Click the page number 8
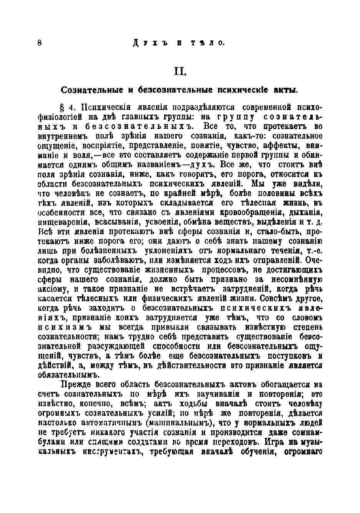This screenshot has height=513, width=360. (40, 43)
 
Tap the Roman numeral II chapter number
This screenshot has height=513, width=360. (180, 71)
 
